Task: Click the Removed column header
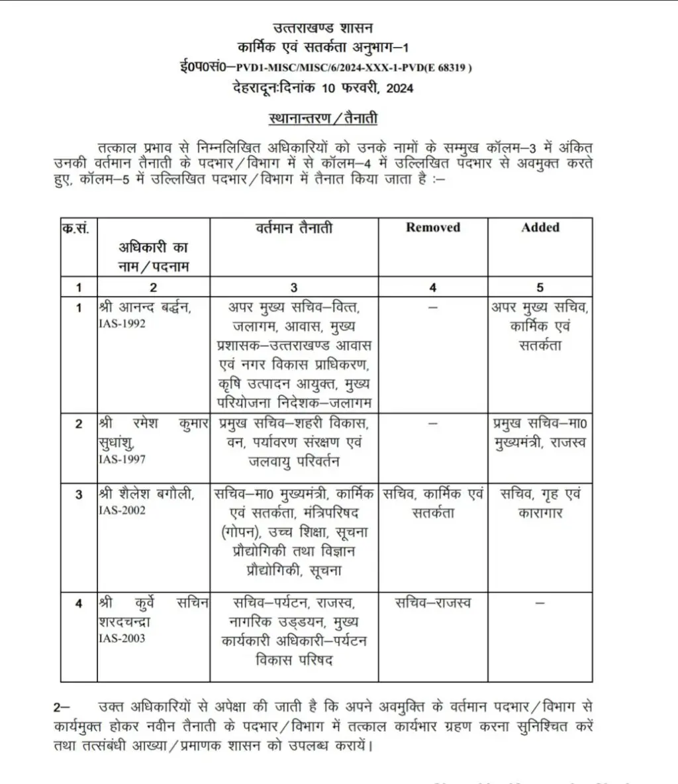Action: coord(432,228)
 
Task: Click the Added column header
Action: coord(540,228)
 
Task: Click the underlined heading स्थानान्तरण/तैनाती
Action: coord(323,119)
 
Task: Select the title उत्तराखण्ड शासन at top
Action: coord(323,28)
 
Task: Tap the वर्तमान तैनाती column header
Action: coord(294,228)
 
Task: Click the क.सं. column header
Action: coord(77,228)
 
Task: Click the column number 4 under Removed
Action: coord(433,287)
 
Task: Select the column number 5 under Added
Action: coord(540,287)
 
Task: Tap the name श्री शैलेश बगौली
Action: coord(146,494)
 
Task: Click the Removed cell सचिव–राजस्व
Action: coord(433,603)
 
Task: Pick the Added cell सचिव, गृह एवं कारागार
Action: coord(540,503)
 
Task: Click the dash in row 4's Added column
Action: coord(540,603)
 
